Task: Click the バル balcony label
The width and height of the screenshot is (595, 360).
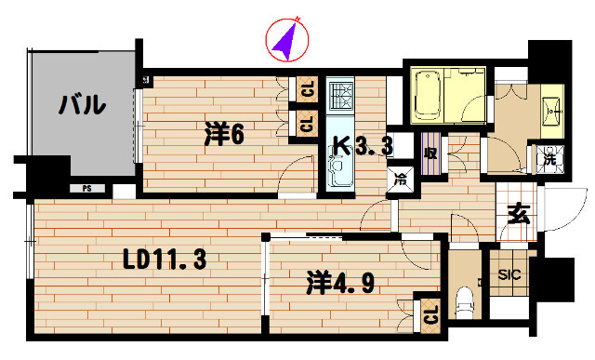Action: pyautogui.click(x=81, y=105)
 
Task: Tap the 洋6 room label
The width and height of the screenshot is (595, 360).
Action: pyautogui.click(x=224, y=135)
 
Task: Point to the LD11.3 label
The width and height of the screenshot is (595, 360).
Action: pyautogui.click(x=165, y=262)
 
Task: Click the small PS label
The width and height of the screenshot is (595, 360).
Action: pyautogui.click(x=86, y=188)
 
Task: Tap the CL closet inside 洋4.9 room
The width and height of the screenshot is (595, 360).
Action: pyautogui.click(x=430, y=313)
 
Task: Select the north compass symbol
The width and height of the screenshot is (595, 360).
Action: pyautogui.click(x=286, y=39)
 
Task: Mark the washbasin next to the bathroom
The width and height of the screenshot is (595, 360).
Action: pyautogui.click(x=549, y=109)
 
